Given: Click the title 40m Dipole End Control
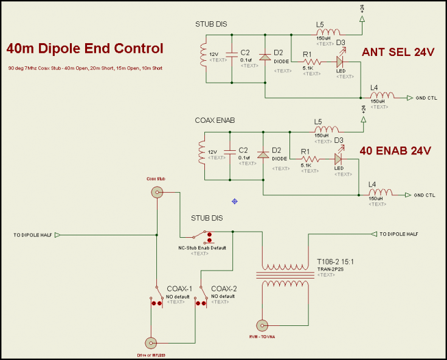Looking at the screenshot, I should point(85,49).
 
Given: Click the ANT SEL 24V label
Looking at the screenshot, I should point(398,52).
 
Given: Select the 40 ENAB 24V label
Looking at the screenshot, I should point(396,150).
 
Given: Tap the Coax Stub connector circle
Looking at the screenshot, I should point(157,193).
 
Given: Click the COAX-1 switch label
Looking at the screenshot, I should point(179,288).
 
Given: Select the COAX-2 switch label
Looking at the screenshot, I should point(224,288).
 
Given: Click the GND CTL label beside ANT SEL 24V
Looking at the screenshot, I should point(425,97).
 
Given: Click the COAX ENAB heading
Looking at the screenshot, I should point(214,120).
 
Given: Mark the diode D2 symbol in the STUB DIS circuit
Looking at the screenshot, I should point(265,57).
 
